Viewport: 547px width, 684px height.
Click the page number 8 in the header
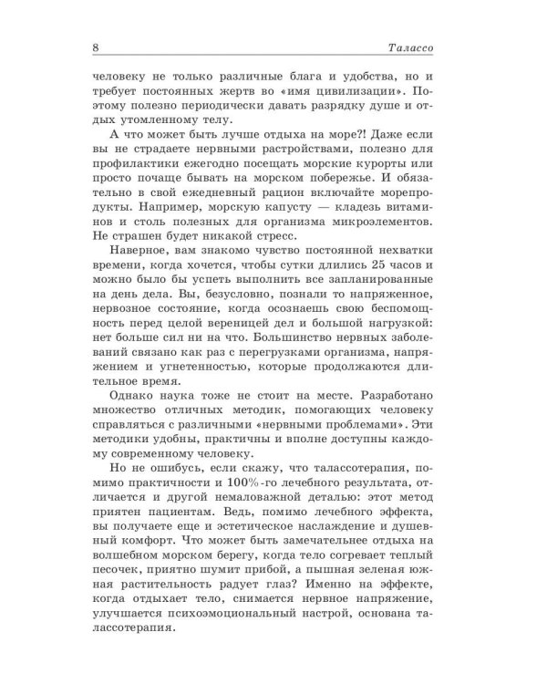[x=96, y=47]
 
